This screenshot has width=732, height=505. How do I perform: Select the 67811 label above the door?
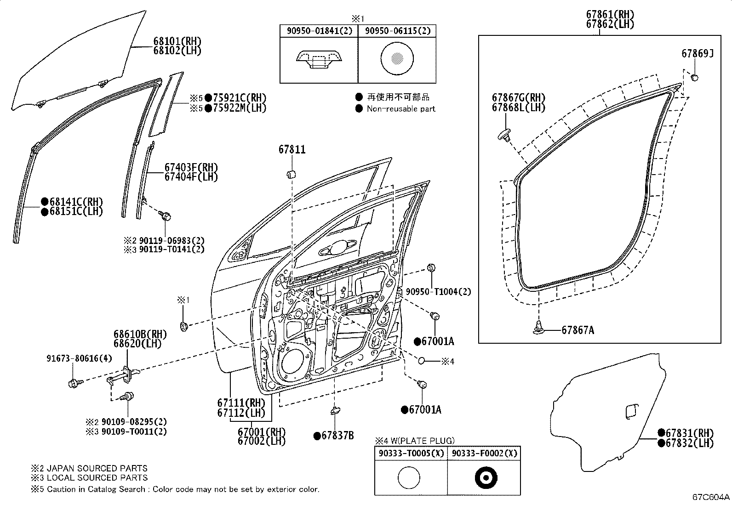[292, 149]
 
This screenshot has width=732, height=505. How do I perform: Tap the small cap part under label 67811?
[291, 174]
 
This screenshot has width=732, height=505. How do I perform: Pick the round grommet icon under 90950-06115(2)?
[397, 58]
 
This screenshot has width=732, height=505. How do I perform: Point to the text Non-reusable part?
[400, 109]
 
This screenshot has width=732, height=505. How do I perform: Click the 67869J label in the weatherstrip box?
[697, 54]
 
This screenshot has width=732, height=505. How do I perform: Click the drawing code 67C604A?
[711, 497]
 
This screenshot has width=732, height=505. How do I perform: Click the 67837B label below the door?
[337, 436]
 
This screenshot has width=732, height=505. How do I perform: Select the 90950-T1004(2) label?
[438, 291]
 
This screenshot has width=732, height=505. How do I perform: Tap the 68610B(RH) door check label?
[140, 334]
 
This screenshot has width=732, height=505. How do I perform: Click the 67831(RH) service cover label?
[689, 432]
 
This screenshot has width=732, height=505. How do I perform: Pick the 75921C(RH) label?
[239, 97]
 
